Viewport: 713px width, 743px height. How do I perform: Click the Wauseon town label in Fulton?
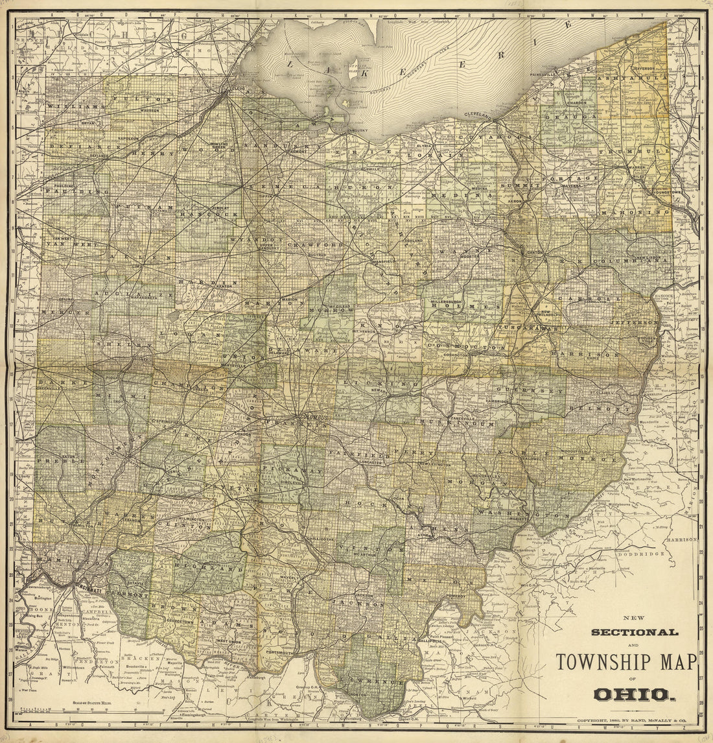coord(148,110)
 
